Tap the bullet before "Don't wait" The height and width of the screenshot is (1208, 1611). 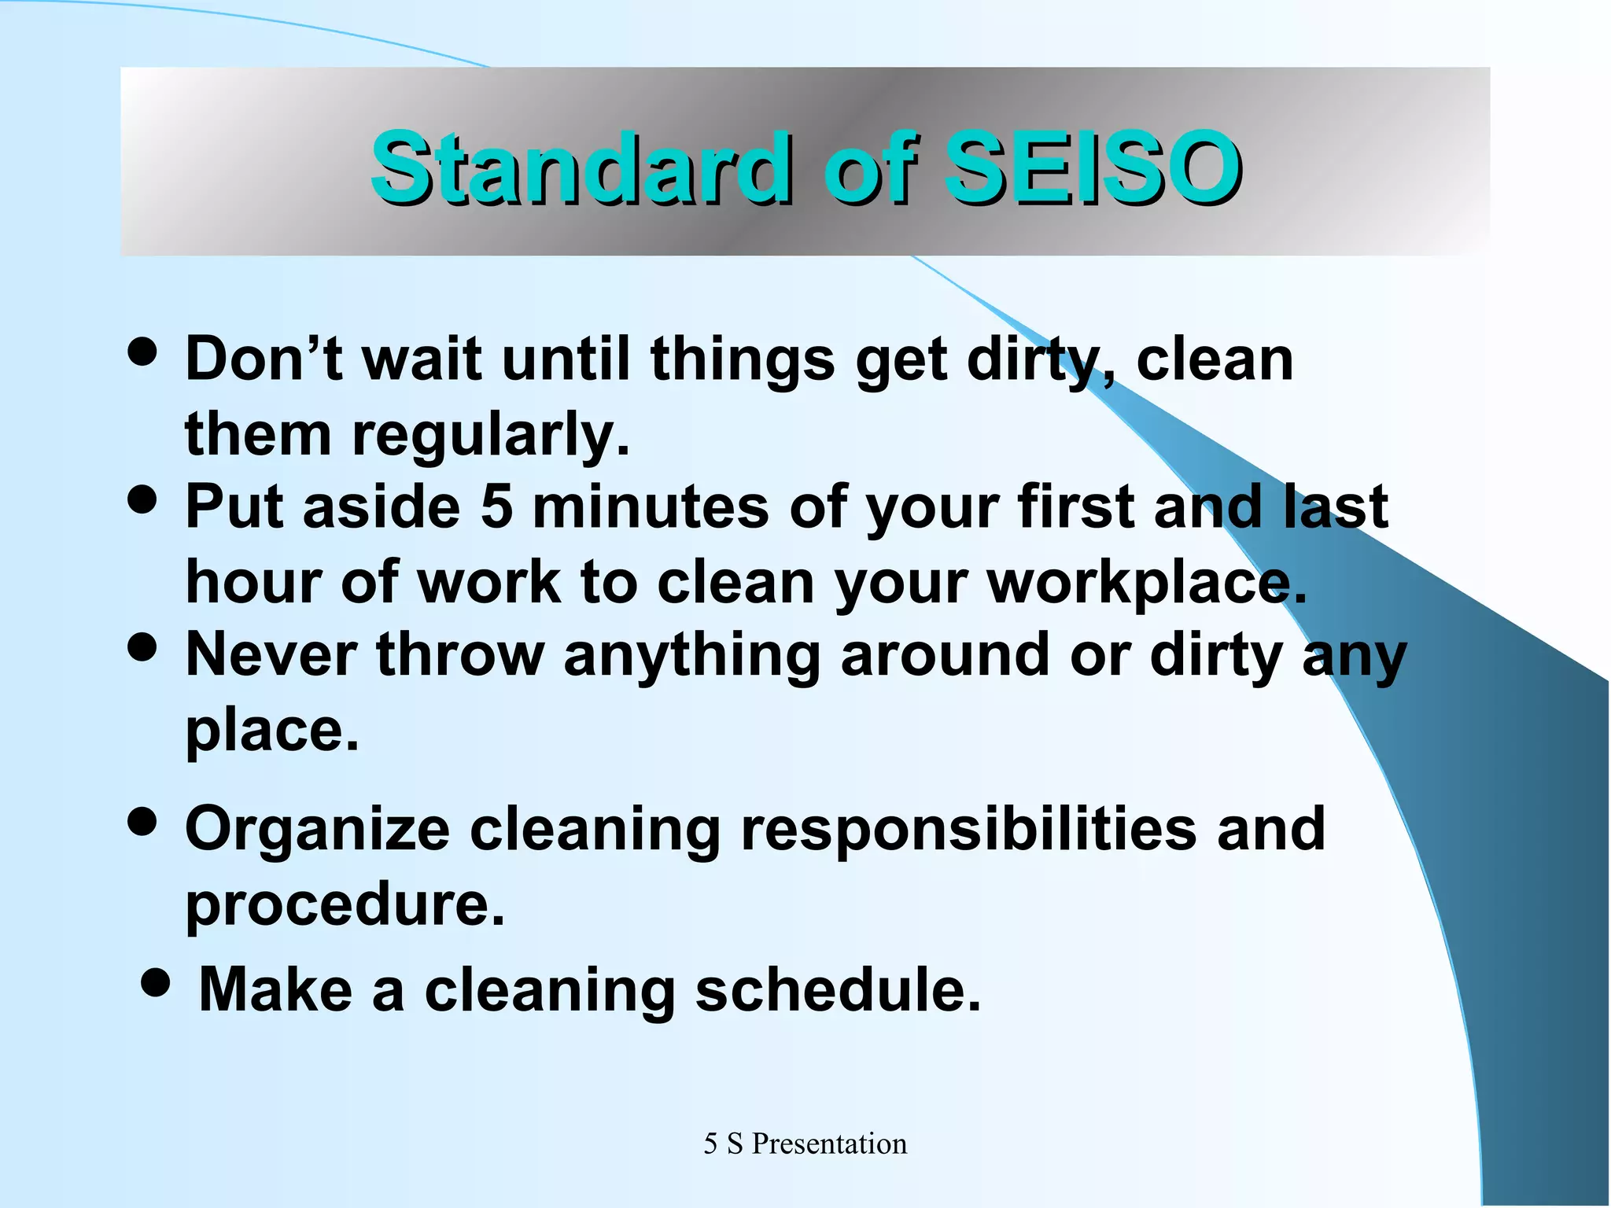[x=142, y=352]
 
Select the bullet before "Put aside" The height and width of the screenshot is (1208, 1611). [x=142, y=500]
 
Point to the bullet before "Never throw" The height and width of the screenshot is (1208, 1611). [x=142, y=649]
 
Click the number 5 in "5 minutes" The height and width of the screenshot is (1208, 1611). [x=496, y=506]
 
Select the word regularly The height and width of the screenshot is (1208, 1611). [x=490, y=435]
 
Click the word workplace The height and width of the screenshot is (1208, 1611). [x=1146, y=584]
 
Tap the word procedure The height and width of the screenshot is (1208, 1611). [x=344, y=904]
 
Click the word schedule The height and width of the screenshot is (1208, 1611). [x=838, y=989]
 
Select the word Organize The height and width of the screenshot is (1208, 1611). [x=317, y=830]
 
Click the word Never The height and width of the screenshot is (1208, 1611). [x=271, y=654]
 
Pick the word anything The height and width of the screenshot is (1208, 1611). [x=692, y=656]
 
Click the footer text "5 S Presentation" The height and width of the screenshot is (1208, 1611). [x=805, y=1144]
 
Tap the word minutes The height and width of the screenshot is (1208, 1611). [x=650, y=506]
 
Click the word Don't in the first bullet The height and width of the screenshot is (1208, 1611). [x=264, y=359]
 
